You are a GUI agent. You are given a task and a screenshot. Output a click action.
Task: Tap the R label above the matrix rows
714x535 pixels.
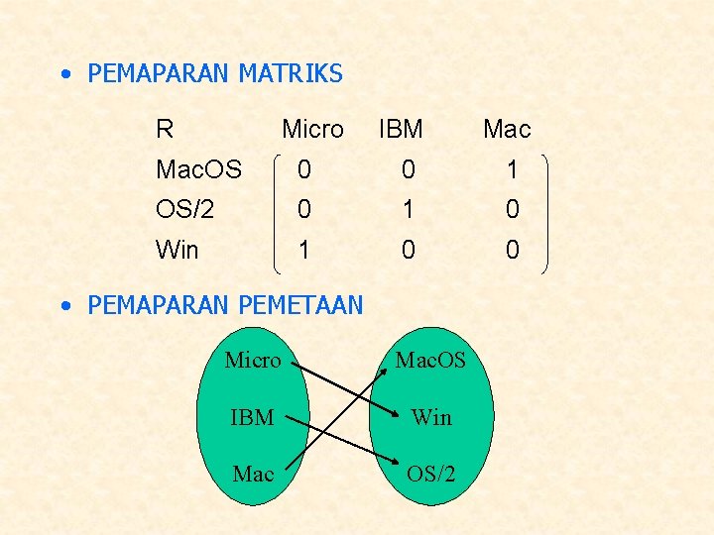point(165,129)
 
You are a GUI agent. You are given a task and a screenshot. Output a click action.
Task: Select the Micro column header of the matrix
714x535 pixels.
point(312,129)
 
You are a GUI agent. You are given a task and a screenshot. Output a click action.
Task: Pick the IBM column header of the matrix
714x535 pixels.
point(401,129)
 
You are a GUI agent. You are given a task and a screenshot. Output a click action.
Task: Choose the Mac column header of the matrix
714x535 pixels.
point(507,129)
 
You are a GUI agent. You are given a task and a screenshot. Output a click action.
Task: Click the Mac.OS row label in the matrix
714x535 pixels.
point(198,170)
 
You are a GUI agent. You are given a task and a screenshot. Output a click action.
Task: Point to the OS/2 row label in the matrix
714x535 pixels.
point(184,209)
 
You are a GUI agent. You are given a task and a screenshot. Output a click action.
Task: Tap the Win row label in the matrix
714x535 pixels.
point(177,250)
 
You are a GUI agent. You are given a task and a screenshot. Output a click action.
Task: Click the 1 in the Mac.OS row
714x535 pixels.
point(512,170)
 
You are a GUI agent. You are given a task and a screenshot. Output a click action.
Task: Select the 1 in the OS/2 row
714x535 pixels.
point(409,209)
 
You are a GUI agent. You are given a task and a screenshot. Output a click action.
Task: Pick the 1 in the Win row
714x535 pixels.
point(304,250)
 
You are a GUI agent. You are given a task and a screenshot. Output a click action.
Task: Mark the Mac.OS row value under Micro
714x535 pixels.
point(304,170)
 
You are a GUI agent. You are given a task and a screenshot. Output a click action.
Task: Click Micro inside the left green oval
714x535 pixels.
point(253,360)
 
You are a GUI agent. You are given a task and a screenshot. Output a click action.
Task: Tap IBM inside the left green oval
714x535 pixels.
point(252,417)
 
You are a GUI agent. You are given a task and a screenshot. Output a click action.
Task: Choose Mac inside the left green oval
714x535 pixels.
point(253,474)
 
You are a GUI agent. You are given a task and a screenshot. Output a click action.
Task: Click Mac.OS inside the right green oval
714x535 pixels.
point(430,360)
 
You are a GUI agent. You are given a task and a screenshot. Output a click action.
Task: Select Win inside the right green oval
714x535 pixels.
point(431,417)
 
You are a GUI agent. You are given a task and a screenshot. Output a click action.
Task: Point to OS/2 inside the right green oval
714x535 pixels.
point(431,474)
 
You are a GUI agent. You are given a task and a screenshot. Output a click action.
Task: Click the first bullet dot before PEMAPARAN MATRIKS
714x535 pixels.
point(64,74)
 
